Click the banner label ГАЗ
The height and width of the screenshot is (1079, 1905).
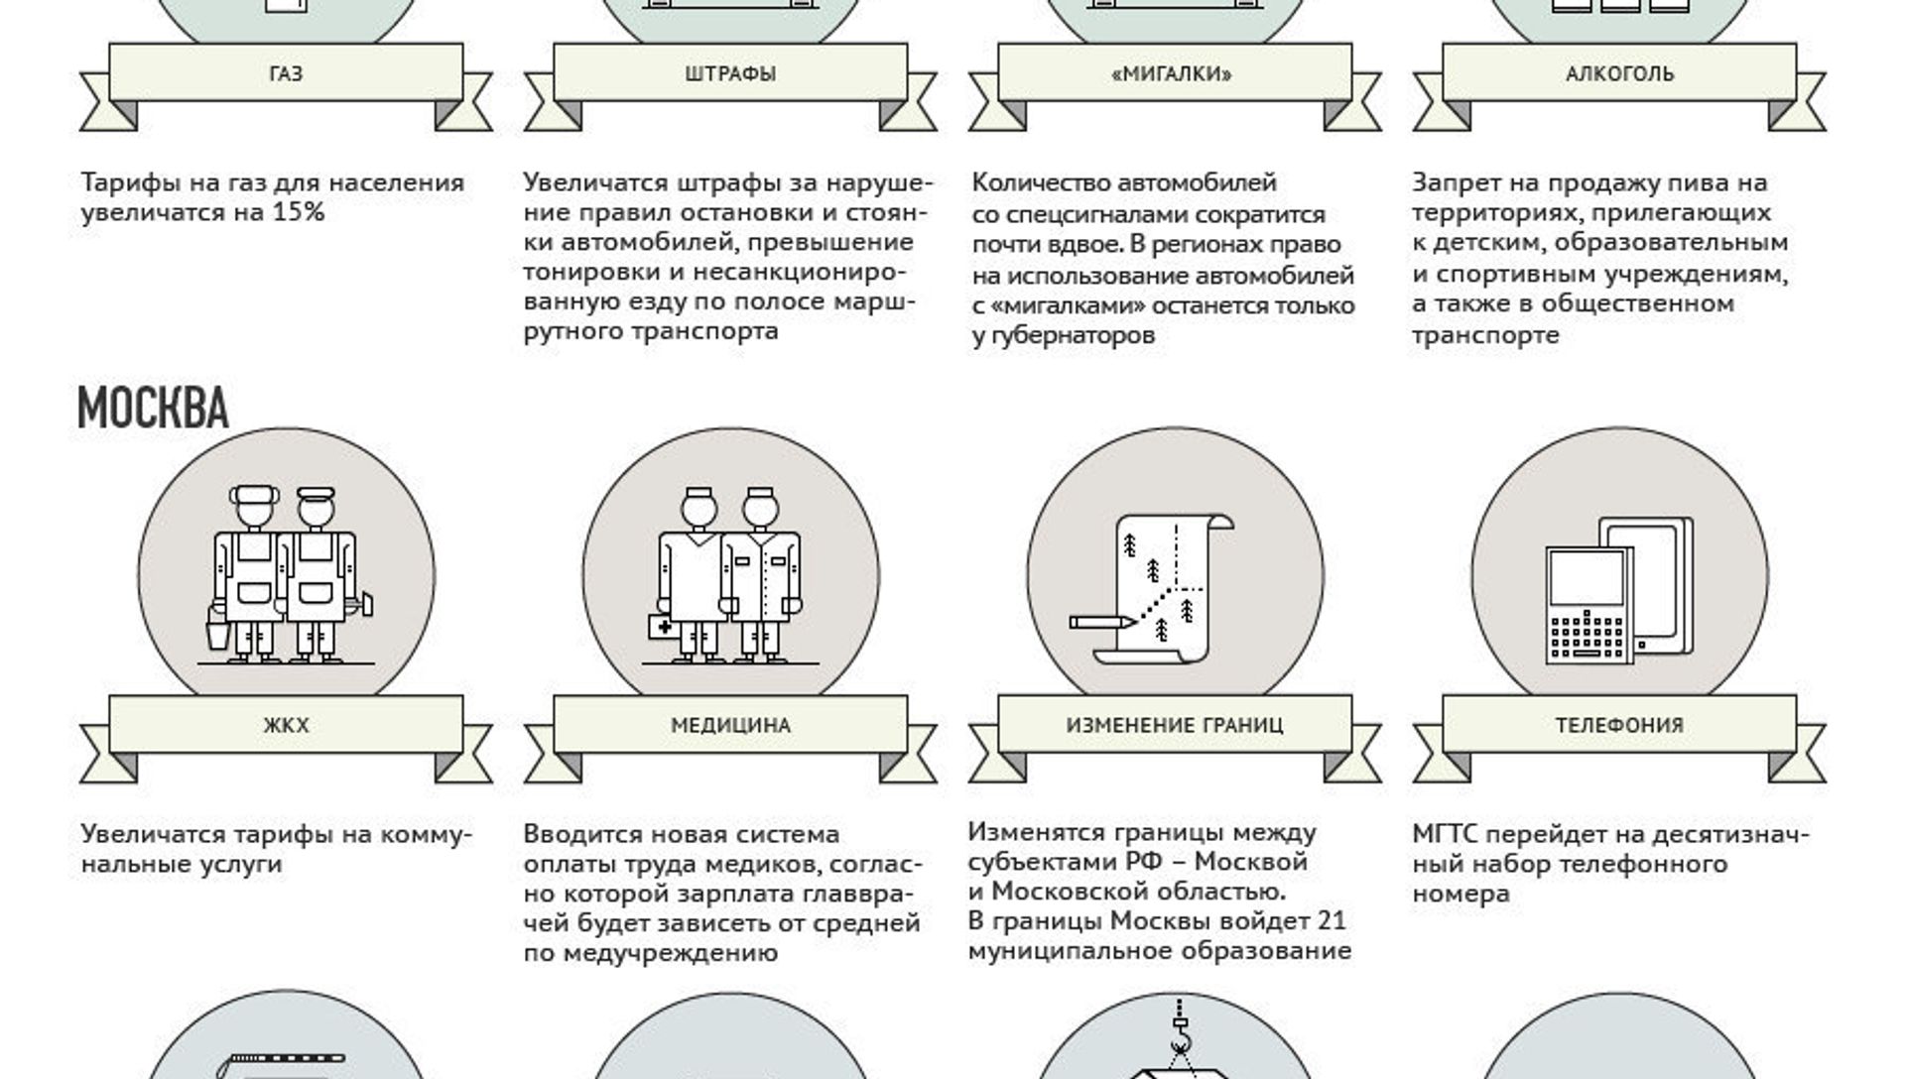pos(286,74)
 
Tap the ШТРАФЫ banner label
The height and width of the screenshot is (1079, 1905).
pos(730,74)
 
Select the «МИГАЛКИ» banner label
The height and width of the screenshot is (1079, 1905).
pos(1173,74)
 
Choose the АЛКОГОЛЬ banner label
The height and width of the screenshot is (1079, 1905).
pos(1620,74)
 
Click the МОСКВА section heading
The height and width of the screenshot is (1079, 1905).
pos(153,408)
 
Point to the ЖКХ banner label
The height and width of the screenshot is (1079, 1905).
pos(286,726)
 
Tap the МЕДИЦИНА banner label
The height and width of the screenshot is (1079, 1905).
pos(730,726)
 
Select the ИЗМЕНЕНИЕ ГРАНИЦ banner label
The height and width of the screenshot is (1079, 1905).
pos(1175,725)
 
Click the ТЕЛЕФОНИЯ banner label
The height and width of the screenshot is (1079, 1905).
pos(1619,726)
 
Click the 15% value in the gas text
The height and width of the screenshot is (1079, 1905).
pos(299,212)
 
